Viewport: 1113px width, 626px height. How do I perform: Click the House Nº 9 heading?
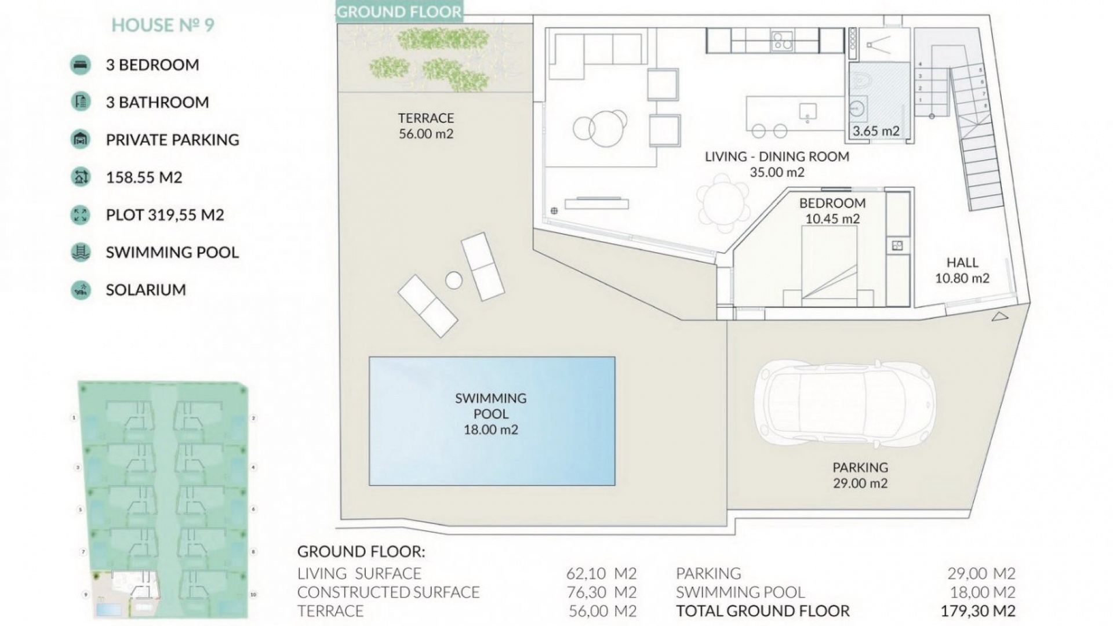pos(163,26)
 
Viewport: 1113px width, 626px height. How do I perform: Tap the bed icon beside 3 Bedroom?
pos(81,65)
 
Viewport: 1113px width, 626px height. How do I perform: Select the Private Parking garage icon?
pos(81,140)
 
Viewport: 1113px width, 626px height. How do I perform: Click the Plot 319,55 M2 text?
pos(165,215)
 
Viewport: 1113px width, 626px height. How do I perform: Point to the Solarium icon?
pos(81,290)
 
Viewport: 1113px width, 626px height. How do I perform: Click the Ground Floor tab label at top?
pos(399,12)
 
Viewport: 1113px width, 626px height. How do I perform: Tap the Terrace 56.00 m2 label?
pos(426,126)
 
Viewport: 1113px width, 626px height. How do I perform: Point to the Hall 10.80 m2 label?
pos(962,270)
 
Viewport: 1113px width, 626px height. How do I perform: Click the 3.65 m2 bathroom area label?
pos(876,132)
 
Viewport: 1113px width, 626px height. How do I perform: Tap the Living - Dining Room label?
pos(777,156)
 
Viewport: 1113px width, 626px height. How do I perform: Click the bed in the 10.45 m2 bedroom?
pos(829,267)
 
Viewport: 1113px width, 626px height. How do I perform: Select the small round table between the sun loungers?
pos(454,281)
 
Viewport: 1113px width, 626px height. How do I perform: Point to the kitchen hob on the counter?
pos(783,41)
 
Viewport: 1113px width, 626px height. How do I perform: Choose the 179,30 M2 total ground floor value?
pos(978,611)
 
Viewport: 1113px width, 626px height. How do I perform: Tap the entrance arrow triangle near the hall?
pos(1000,316)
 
